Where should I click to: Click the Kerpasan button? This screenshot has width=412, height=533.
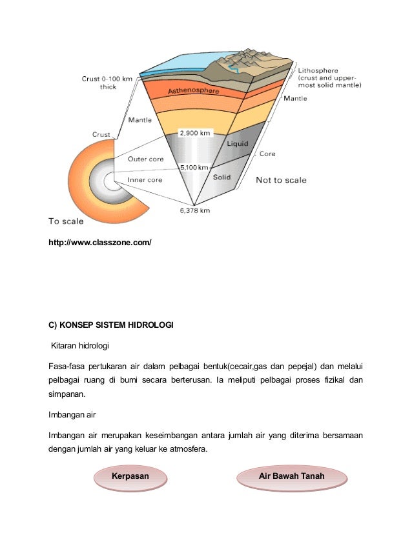(x=131, y=477)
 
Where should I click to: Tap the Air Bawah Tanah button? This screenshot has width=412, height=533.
(x=291, y=477)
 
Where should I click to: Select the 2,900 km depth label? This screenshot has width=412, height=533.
(x=195, y=134)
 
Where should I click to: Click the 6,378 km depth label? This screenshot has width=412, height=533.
(x=196, y=210)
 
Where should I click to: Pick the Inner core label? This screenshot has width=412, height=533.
(x=145, y=180)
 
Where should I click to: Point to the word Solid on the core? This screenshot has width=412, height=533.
(x=223, y=177)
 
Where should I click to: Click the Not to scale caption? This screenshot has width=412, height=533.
(x=281, y=180)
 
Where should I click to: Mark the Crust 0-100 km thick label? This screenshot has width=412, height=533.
(x=107, y=83)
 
